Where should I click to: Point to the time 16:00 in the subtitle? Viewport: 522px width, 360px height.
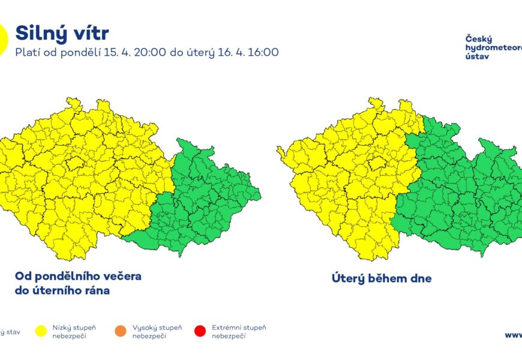pyautogui.click(x=262, y=52)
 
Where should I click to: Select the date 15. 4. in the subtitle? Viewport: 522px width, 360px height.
pyautogui.click(x=115, y=52)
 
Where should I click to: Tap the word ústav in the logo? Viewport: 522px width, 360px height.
pyautogui.click(x=477, y=56)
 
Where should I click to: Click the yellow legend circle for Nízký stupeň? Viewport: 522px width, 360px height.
pyautogui.click(x=41, y=331)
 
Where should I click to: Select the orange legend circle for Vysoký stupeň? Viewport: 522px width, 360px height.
pyautogui.click(x=120, y=331)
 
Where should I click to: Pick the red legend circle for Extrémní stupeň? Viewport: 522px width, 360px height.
pyautogui.click(x=200, y=331)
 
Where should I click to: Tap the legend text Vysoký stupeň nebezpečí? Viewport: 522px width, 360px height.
pyautogui.click(x=157, y=332)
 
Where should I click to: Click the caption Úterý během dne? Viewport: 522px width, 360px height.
pyautogui.click(x=382, y=278)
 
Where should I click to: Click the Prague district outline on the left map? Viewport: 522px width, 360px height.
pyautogui.click(x=75, y=163)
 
